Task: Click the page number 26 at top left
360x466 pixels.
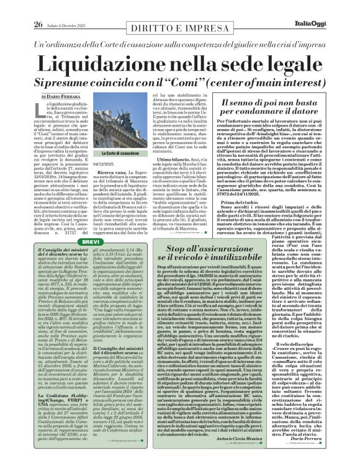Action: click(20, 7)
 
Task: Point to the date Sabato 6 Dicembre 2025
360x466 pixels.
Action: click(58, 7)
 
